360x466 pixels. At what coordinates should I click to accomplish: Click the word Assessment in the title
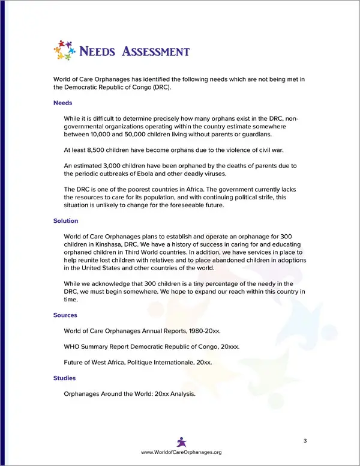(156, 51)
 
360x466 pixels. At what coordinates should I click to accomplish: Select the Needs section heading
(62, 103)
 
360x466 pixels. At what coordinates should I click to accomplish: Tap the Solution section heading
(66, 221)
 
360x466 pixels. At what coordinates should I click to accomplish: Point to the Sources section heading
(65, 315)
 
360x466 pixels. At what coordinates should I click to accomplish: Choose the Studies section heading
(64, 378)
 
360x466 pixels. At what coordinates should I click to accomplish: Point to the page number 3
(305, 441)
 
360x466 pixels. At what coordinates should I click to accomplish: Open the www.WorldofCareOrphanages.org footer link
(181, 452)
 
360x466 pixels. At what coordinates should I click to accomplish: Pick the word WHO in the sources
(71, 346)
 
